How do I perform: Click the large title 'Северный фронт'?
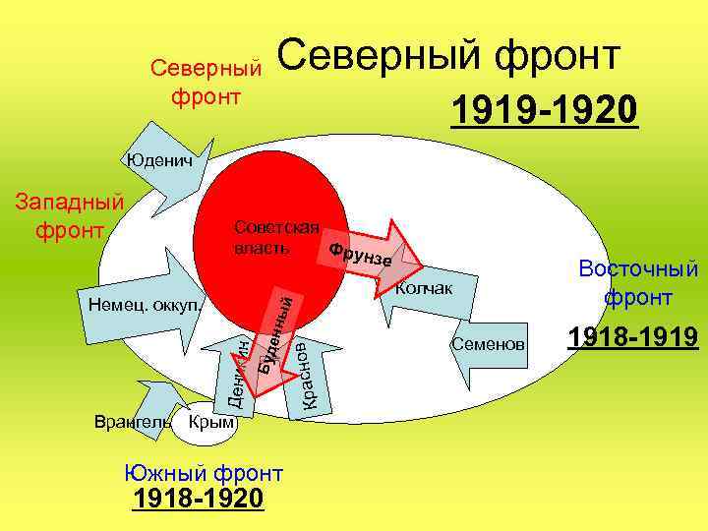click(x=451, y=57)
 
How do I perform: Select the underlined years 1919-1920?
click(x=545, y=111)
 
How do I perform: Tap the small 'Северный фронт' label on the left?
click(x=206, y=84)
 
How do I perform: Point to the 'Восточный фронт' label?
click(x=638, y=282)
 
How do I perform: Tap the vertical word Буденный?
click(x=274, y=328)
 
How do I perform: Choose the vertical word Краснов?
click(x=308, y=375)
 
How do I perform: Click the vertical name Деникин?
click(x=232, y=369)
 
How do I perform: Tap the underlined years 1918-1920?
click(x=199, y=500)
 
